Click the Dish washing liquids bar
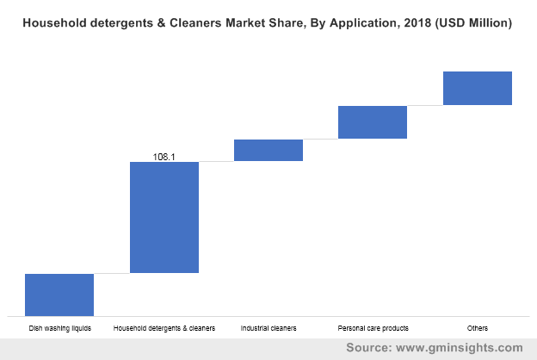pos(59,295)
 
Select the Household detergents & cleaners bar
pos(164,217)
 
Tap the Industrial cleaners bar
pos(268,150)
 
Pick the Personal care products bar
pos(373,121)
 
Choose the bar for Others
pos(478,88)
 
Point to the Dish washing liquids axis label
pos(59,328)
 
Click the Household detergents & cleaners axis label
pos(164,328)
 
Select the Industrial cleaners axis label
pos(268,328)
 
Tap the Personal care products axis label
pos(373,328)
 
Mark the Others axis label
pos(478,328)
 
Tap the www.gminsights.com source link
pos(460,348)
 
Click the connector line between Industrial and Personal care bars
pos(320,139)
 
